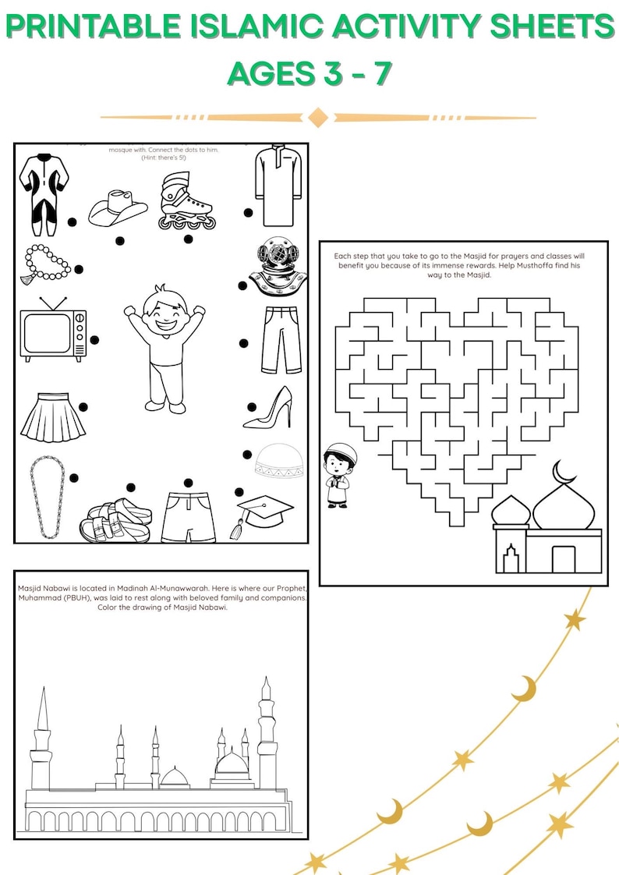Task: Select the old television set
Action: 53,331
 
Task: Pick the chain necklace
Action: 46,498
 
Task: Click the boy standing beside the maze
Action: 338,476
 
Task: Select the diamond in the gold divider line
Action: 317,118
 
